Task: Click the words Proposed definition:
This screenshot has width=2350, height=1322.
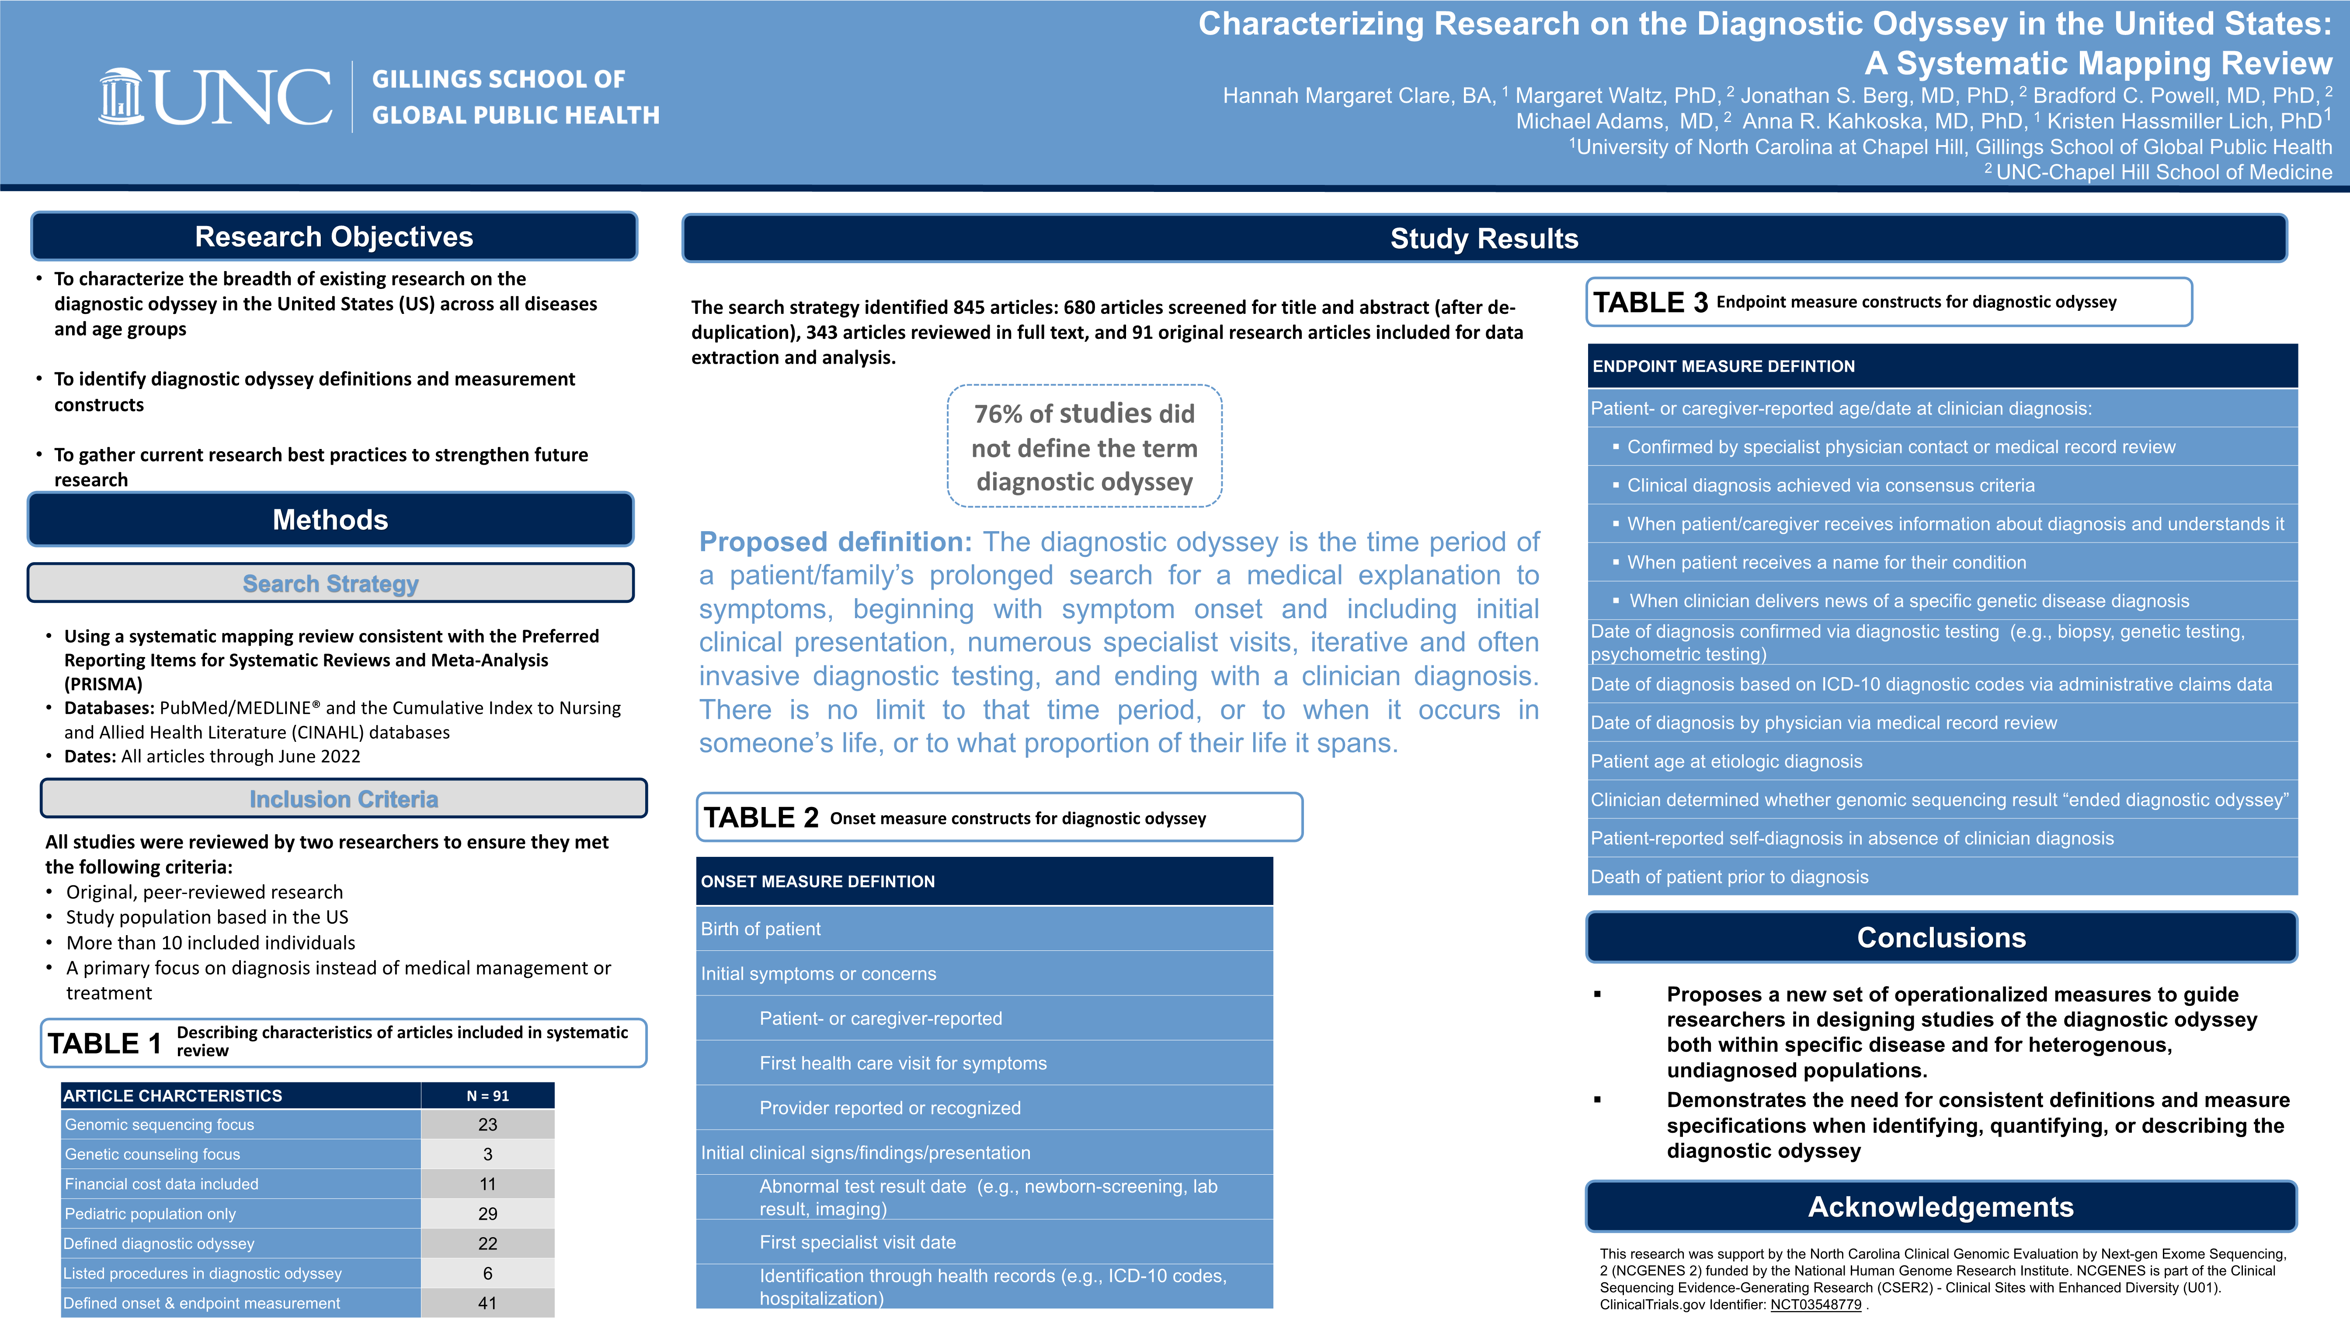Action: pyautogui.click(x=836, y=542)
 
